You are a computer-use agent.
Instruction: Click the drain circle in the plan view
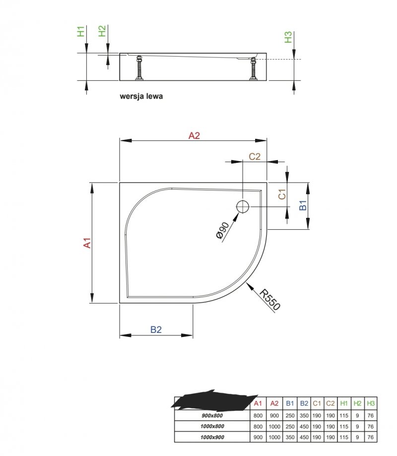[x=242, y=207]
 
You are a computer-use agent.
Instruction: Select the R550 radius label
[x=269, y=300]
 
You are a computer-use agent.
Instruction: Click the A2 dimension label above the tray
[x=194, y=135]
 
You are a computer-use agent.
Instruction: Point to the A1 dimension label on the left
[x=87, y=243]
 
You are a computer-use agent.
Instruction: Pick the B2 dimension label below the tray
[x=156, y=329]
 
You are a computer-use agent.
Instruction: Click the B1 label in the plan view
[x=303, y=205]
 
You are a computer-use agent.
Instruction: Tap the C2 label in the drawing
[x=255, y=156]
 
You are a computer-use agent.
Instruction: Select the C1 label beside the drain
[x=282, y=195]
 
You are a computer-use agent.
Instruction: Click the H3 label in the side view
[x=288, y=37]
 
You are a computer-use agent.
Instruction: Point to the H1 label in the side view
[x=80, y=31]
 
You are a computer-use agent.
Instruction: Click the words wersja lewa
[x=141, y=96]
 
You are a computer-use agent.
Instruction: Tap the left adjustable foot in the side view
[x=139, y=68]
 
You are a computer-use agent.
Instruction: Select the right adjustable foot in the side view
[x=253, y=68]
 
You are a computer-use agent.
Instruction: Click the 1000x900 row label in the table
[x=212, y=437]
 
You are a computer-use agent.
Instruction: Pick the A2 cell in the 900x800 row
[x=274, y=416]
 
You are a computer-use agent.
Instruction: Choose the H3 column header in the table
[x=371, y=403]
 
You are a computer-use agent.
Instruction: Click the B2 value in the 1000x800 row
[x=304, y=427]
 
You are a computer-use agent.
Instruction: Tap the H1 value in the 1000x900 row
[x=344, y=437]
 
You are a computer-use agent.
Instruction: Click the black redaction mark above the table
[x=215, y=399]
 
